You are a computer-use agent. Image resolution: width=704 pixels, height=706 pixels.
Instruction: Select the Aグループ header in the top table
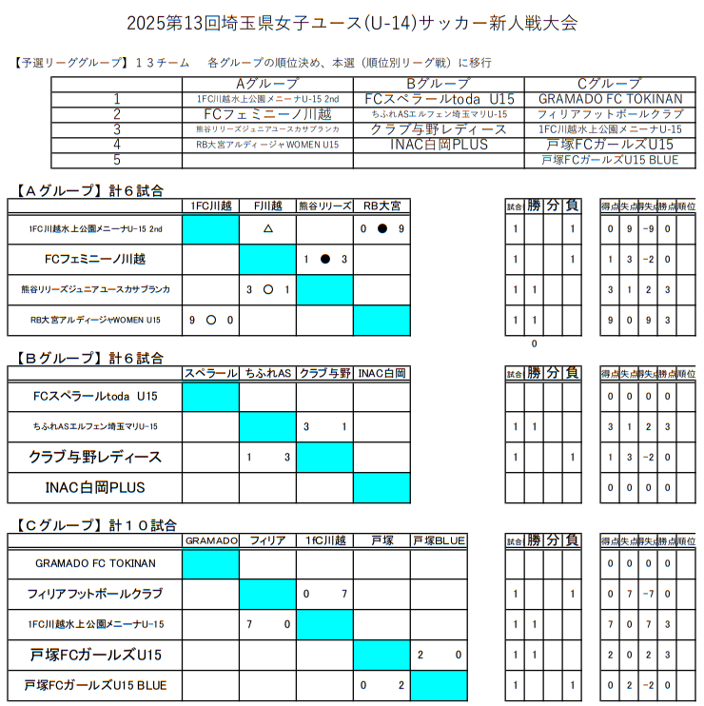click(267, 84)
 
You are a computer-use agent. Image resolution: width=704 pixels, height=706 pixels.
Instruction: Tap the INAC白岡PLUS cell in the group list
click(439, 145)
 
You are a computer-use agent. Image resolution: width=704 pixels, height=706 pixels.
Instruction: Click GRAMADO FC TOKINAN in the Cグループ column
click(610, 99)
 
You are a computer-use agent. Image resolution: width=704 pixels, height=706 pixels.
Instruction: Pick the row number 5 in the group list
click(117, 160)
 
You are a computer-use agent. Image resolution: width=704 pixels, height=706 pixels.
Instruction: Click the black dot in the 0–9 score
click(381, 229)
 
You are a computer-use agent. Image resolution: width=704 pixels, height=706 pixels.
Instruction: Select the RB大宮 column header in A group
click(381, 205)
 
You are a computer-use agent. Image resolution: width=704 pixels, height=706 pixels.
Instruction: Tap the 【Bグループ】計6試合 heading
click(90, 359)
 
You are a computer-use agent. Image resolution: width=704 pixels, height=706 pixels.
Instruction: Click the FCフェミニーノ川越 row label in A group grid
click(95, 259)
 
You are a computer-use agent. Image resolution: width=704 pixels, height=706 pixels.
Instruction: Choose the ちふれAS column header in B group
click(267, 373)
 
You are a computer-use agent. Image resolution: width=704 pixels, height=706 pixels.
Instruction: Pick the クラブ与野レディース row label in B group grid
click(95, 458)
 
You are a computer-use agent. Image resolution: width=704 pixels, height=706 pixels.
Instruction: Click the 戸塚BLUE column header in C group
click(439, 540)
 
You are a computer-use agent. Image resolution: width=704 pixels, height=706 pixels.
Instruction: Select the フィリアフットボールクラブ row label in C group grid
click(95, 594)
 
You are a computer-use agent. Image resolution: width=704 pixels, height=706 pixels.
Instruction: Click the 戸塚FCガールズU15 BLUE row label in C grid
click(95, 685)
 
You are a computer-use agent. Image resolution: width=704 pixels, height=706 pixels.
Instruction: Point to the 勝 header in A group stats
click(535, 206)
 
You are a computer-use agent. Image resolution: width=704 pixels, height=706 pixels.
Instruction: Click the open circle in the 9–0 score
click(210, 321)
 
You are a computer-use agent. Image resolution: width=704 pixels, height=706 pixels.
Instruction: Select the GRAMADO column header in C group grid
click(210, 540)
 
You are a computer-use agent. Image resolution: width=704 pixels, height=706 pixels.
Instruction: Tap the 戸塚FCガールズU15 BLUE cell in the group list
click(610, 160)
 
